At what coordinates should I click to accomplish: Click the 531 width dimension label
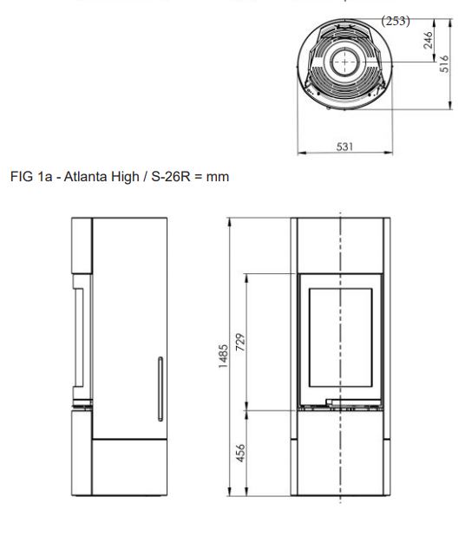click(344, 147)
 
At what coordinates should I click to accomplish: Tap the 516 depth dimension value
click(444, 63)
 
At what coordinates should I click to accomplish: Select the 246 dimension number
click(428, 40)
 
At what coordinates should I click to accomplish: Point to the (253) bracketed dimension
click(396, 21)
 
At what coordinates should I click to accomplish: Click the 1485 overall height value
click(223, 356)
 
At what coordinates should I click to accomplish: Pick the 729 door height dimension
click(240, 342)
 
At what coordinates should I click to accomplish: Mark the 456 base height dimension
click(240, 453)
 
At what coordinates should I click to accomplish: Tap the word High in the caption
click(125, 177)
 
